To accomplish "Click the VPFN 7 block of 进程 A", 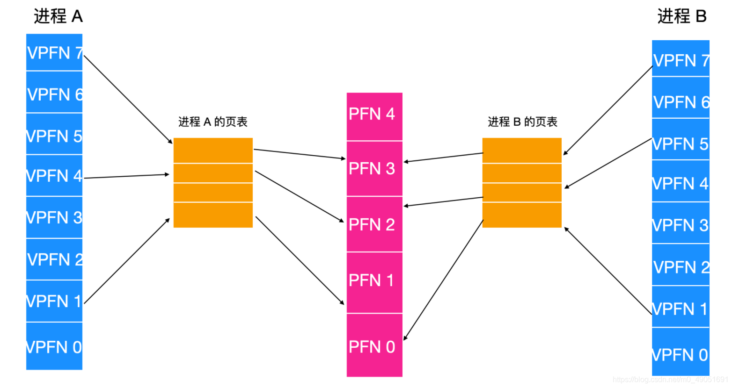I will click(x=54, y=52).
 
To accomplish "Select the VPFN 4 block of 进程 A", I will click(x=54, y=176).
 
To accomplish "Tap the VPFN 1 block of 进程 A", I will click(x=54, y=301).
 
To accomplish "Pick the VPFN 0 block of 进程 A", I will click(x=54, y=346).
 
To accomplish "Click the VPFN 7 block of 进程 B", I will click(x=681, y=59).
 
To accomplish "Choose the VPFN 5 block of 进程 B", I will click(x=681, y=143).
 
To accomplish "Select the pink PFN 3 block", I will click(x=374, y=169).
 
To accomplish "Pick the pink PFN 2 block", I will click(x=374, y=224).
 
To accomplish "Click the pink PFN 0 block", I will click(x=374, y=345).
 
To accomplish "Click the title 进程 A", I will click(x=58, y=16).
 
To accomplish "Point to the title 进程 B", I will click(x=681, y=16).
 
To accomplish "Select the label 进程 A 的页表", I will click(x=213, y=122).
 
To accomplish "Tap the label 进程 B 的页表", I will click(x=522, y=122).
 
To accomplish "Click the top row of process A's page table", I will click(x=213, y=150).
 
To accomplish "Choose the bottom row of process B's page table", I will click(x=522, y=215).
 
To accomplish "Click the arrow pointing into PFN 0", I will click(x=443, y=280).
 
